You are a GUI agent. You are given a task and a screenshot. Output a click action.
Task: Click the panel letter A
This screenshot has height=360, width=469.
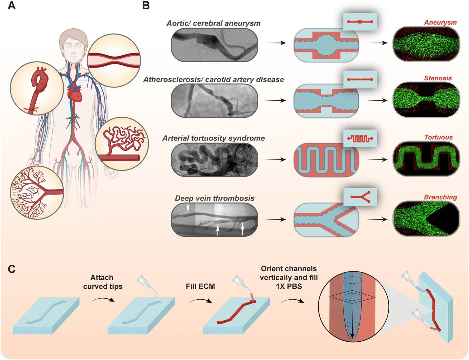click(x=12, y=6)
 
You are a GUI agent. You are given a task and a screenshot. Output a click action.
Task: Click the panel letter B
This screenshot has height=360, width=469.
click(x=146, y=6)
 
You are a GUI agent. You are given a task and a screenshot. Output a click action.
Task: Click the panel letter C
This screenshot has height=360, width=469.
click(x=12, y=269)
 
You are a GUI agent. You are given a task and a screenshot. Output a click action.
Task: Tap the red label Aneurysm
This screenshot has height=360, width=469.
click(x=440, y=23)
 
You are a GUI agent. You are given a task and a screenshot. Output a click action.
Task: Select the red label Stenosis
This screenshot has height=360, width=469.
click(x=438, y=78)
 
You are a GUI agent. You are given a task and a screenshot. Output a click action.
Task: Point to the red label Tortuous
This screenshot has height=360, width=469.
click(x=438, y=137)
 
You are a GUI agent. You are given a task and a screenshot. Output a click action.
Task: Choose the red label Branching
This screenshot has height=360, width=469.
click(x=440, y=197)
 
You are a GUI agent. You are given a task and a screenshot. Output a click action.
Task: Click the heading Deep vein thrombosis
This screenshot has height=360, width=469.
click(x=214, y=198)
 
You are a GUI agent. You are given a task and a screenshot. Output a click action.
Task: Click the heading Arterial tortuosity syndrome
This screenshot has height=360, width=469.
click(x=214, y=138)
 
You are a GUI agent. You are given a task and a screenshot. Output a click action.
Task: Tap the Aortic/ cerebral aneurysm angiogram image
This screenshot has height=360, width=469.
click(x=214, y=45)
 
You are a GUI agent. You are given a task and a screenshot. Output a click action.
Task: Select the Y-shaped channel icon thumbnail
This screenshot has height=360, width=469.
click(x=360, y=197)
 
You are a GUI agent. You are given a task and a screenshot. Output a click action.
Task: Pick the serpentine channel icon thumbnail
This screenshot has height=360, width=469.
click(x=360, y=138)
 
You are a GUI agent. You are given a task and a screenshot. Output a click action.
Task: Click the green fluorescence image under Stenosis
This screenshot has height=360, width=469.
click(x=426, y=100)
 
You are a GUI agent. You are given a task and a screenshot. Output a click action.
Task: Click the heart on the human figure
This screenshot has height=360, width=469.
click(x=74, y=93)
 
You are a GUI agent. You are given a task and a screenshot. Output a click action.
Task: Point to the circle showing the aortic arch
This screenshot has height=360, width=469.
click(x=37, y=88)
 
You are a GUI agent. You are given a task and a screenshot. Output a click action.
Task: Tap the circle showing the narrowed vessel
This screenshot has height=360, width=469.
click(x=114, y=60)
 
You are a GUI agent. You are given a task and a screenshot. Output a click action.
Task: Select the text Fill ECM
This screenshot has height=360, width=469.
click(x=200, y=286)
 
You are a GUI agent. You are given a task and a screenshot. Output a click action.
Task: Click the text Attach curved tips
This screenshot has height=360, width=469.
click(x=103, y=282)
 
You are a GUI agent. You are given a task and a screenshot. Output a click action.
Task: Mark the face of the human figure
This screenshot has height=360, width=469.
click(x=73, y=48)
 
